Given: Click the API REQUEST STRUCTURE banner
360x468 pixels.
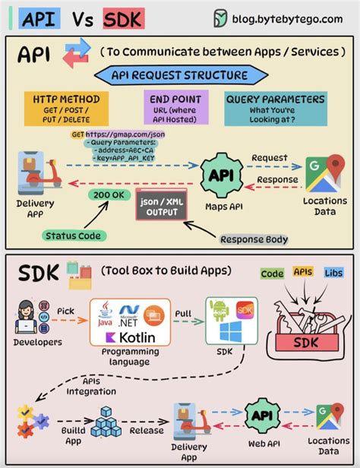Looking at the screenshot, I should (179, 75).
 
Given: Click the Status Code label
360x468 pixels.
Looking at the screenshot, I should (74, 236).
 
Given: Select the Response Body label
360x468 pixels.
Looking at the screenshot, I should (254, 239).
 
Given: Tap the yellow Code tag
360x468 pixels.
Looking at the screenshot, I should (272, 274).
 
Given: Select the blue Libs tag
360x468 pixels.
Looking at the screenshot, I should (333, 273).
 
